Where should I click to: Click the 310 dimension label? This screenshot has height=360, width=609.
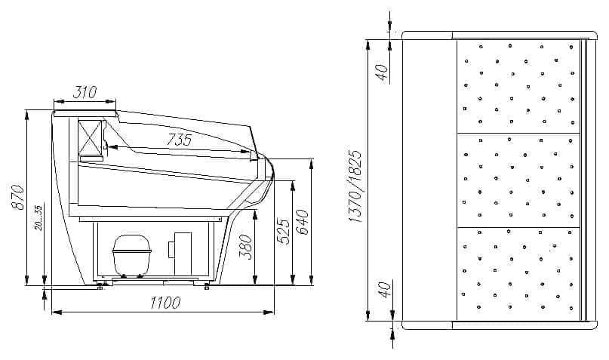tap(85, 92)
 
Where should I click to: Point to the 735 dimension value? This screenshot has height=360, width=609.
tap(180, 140)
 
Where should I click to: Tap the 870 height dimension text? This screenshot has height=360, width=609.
tap(19, 197)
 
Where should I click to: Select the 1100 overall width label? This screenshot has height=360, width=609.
tap(165, 303)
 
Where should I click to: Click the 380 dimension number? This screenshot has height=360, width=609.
tap(245, 247)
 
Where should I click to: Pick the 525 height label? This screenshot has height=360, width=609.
tap(283, 232)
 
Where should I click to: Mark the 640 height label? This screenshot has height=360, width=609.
tap(302, 222)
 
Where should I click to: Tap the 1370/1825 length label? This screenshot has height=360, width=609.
tap(355, 186)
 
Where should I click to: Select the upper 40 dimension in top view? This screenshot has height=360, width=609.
tap(383, 72)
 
